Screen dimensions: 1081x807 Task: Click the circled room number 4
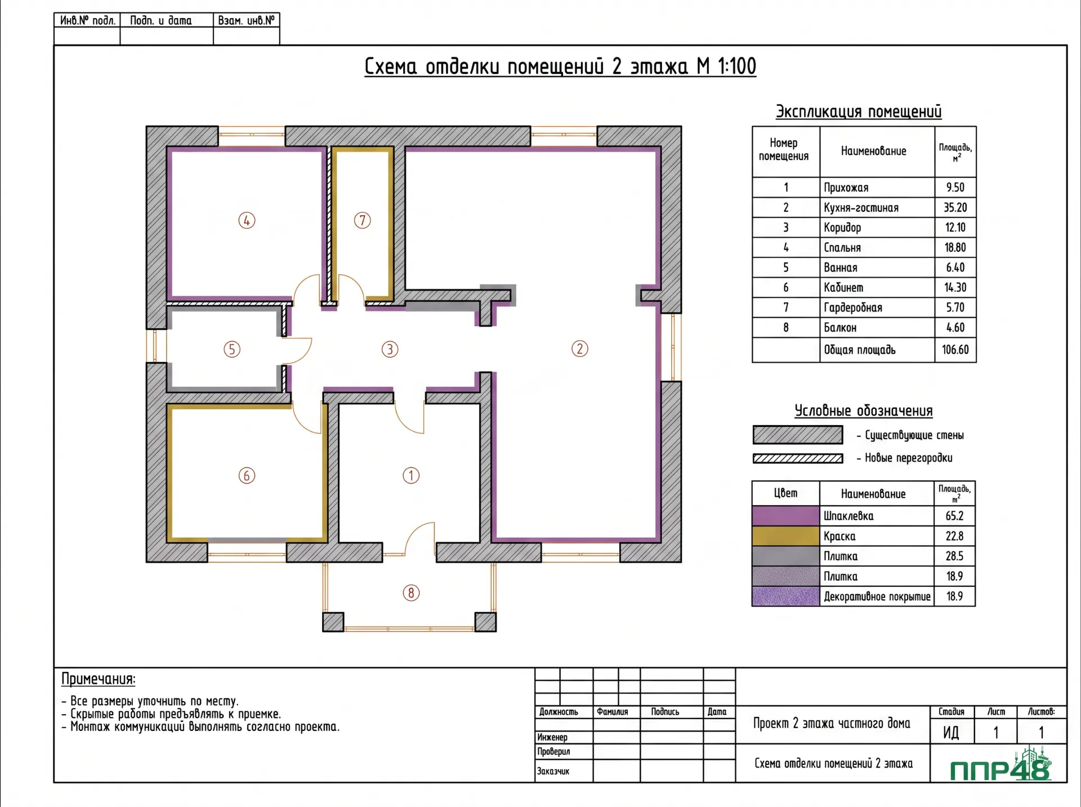point(247,220)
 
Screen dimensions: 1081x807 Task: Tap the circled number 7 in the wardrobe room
point(363,220)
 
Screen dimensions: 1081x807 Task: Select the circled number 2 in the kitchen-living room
point(580,349)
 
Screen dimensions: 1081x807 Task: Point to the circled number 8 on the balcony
point(412,592)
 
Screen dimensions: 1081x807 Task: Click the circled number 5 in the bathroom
point(232,349)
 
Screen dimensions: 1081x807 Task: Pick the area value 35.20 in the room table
point(955,207)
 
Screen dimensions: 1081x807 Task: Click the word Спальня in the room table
point(842,248)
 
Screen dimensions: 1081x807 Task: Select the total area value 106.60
point(955,350)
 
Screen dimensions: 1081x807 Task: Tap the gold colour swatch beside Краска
point(785,536)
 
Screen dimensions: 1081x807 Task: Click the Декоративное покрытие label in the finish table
point(877,596)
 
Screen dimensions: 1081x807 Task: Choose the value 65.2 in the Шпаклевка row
point(955,516)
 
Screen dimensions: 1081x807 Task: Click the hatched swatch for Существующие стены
point(798,435)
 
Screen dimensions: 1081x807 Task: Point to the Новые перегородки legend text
point(909,458)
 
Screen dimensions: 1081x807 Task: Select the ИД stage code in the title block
point(951,733)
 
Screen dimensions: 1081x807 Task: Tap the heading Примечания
point(99,679)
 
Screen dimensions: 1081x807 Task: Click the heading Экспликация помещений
point(859,112)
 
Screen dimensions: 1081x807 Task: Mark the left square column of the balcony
point(333,622)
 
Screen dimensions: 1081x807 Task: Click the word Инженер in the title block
point(552,737)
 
